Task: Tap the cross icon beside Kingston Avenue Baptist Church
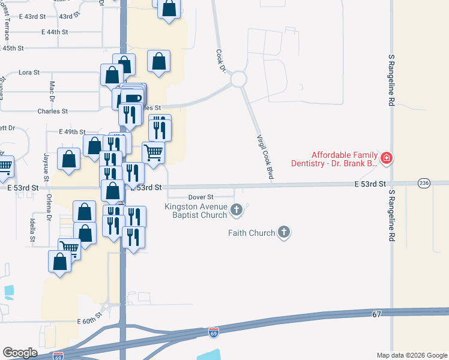click(237, 209)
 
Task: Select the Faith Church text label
click(252, 233)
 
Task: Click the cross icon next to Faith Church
click(285, 232)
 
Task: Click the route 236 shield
click(424, 184)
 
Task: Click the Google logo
click(20, 353)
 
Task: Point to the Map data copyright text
click(412, 355)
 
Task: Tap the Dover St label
click(201, 197)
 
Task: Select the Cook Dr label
click(220, 62)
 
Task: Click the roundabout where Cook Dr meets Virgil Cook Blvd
click(238, 79)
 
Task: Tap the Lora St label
click(29, 72)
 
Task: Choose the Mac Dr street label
click(52, 91)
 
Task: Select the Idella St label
click(32, 228)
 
